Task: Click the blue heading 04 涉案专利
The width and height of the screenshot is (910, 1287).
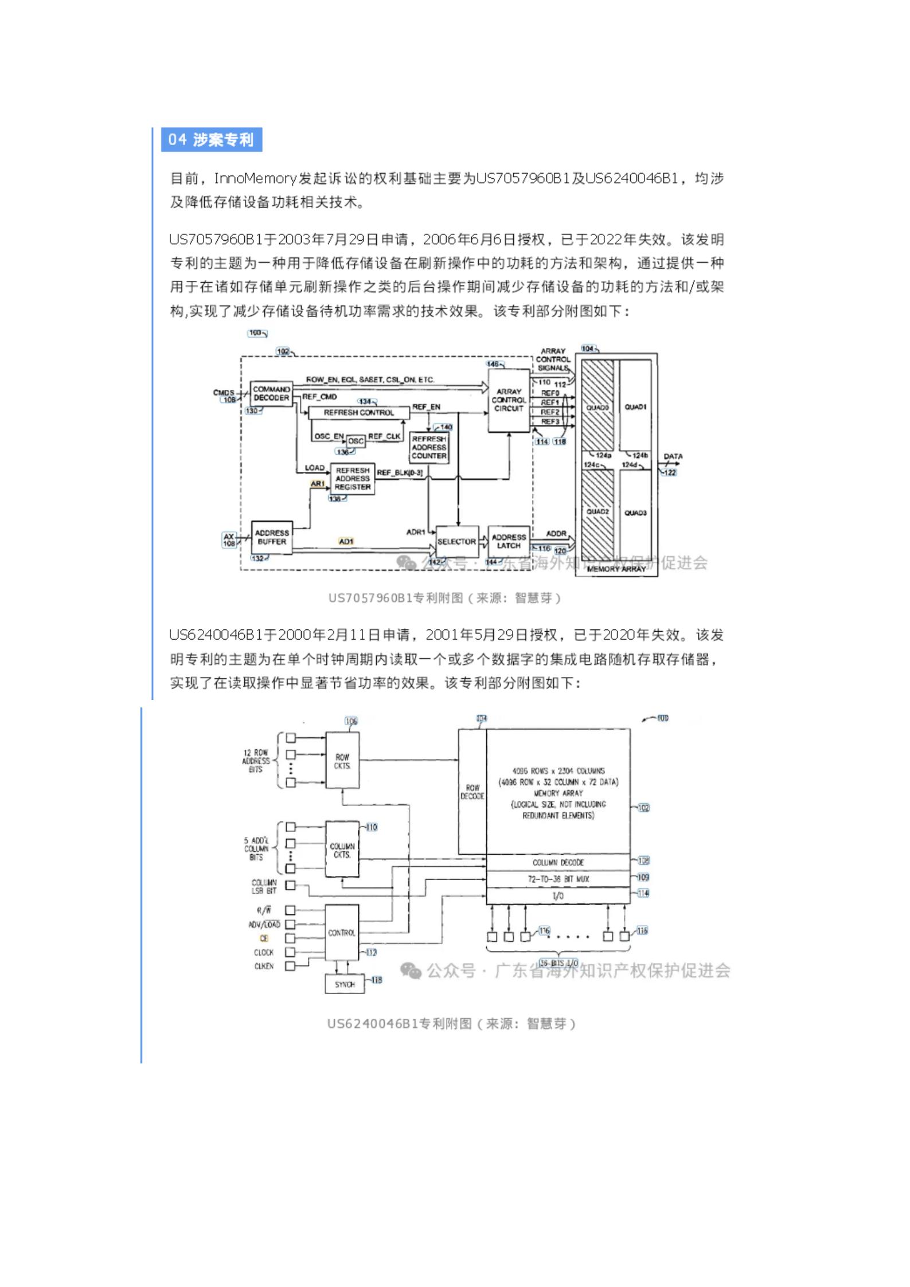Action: coord(211,140)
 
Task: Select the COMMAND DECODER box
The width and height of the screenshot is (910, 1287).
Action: coord(271,394)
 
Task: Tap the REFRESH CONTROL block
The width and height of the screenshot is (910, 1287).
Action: coord(358,413)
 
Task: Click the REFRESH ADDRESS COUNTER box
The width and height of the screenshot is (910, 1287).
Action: coord(429,448)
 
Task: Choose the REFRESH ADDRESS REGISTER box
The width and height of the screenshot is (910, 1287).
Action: coord(353,479)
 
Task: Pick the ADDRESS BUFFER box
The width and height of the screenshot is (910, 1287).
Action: coord(272,537)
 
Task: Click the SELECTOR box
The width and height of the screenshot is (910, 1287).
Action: coord(456,541)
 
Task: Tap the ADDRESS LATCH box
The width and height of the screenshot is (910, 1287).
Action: coord(509,541)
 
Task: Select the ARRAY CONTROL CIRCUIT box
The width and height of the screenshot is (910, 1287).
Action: coord(509,400)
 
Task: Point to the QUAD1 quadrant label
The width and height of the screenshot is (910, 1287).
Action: coord(635,407)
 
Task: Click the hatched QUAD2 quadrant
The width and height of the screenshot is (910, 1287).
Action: coord(597,512)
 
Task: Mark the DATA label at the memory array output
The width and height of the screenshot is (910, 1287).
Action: coord(673,457)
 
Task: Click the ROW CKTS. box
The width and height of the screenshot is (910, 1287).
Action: coord(342,761)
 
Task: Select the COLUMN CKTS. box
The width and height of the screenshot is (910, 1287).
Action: coord(342,850)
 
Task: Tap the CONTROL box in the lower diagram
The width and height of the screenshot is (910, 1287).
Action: coord(342,933)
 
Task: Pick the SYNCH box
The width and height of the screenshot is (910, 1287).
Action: coord(345,984)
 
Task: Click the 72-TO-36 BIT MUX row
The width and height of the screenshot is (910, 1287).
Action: coord(558,879)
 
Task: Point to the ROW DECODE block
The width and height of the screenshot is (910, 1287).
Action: coord(472,792)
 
